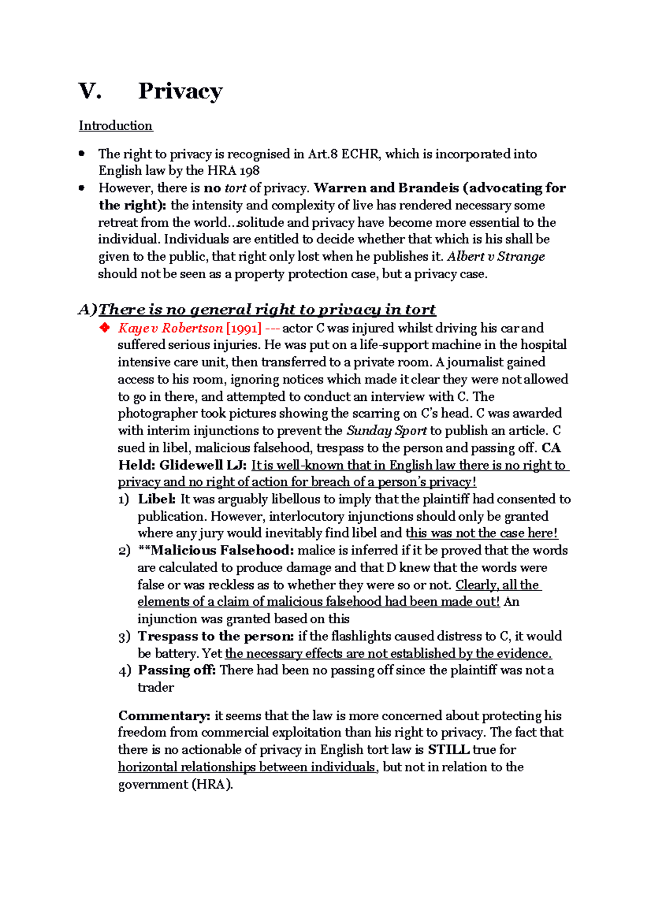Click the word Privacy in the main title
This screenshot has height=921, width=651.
click(180, 91)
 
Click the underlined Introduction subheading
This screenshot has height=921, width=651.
click(116, 126)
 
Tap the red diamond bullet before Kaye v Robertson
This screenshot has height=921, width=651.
click(104, 328)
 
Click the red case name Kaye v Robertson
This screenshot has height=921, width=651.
click(170, 328)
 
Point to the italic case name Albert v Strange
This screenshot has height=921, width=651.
click(496, 257)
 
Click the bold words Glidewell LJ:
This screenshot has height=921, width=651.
click(203, 465)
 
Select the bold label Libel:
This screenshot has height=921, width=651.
click(157, 499)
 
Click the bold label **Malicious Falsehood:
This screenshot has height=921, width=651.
click(216, 551)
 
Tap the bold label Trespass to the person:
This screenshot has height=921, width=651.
click(216, 636)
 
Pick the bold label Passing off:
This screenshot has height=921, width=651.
click(177, 670)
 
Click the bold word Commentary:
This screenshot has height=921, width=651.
click(164, 716)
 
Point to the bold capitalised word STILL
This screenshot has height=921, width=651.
click(448, 750)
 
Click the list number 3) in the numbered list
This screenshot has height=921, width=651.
click(124, 637)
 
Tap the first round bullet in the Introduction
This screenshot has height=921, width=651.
click(81, 153)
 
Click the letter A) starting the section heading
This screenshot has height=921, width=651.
click(87, 310)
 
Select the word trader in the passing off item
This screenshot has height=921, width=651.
click(156, 688)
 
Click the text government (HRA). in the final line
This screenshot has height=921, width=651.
click(175, 784)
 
